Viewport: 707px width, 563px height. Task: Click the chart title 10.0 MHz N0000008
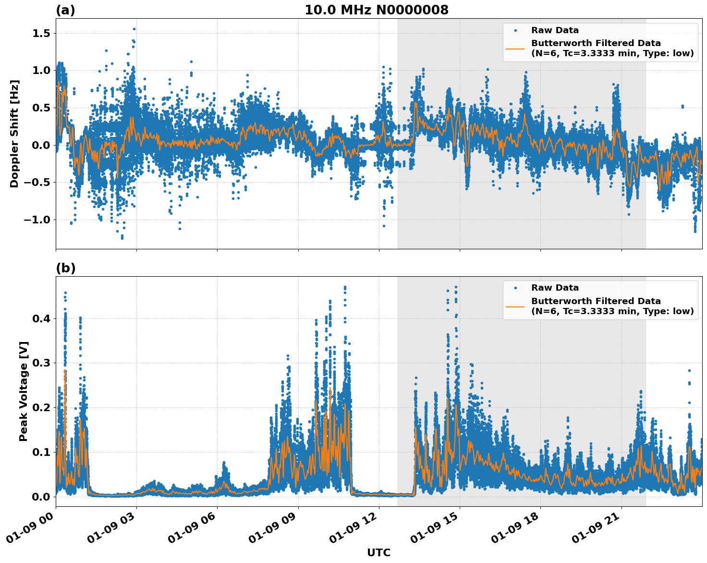pyautogui.click(x=376, y=10)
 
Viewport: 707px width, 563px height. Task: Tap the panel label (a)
pyautogui.click(x=65, y=10)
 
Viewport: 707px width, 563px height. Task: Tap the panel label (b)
pyautogui.click(x=65, y=268)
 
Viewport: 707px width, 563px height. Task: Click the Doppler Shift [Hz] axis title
pyautogui.click(x=14, y=134)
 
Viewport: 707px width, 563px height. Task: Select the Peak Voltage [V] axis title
pyautogui.click(x=24, y=391)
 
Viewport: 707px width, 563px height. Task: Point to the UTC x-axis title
pyautogui.click(x=378, y=552)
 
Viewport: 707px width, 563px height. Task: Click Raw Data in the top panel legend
pyautogui.click(x=555, y=30)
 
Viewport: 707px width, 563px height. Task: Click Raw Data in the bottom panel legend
pyautogui.click(x=555, y=288)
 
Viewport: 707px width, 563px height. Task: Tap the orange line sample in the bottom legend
pyautogui.click(x=515, y=306)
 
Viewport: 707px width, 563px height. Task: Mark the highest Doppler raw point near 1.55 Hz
pyautogui.click(x=134, y=29)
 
